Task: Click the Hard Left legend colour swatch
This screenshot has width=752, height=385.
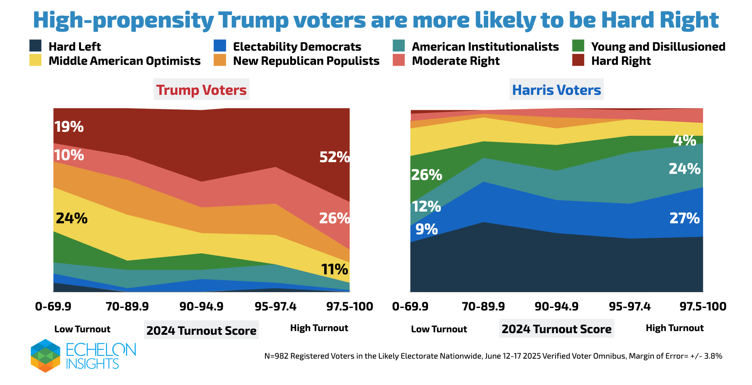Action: pos(36,46)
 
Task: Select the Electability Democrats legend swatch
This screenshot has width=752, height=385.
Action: pos(220,46)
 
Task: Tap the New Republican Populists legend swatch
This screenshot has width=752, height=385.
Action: pos(220,60)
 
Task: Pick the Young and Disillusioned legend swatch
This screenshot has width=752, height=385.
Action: pos(578,46)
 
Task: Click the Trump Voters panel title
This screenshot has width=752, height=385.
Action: pos(201,90)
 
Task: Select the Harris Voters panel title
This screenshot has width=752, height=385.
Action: pos(556,90)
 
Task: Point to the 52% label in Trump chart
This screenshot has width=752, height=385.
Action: pos(334,157)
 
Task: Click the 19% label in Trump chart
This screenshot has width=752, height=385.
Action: pos(69,127)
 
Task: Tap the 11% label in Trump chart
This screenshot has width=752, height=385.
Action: pos(334,269)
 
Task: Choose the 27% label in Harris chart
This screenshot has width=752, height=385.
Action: pos(684,218)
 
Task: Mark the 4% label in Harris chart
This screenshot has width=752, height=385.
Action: pos(684,141)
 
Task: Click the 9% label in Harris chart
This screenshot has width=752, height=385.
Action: pos(427,229)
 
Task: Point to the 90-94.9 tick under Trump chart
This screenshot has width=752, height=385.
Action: pos(201,306)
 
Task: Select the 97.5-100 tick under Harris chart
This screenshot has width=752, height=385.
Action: pos(703,306)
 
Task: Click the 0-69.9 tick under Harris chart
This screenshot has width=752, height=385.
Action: pos(410,306)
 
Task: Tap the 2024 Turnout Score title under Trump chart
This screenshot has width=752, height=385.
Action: pos(201,331)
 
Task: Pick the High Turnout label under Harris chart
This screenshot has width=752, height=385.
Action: pos(675,328)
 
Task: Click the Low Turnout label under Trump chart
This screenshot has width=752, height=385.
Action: pos(82,329)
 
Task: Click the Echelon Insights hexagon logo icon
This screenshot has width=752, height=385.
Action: pos(45,355)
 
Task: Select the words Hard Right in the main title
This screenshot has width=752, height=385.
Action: pos(660,20)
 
